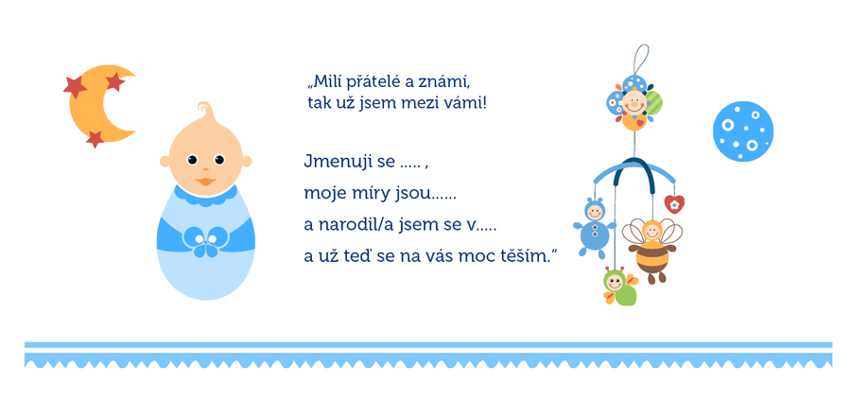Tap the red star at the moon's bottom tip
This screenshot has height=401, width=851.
click(95, 139)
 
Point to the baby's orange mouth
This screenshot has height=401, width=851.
click(205, 181)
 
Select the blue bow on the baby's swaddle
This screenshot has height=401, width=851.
click(205, 241)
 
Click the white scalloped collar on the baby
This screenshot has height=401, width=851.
click(205, 196)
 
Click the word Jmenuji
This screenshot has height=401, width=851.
click(328, 163)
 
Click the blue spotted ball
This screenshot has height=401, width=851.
click(743, 131)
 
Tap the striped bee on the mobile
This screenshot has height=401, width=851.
click(651, 250)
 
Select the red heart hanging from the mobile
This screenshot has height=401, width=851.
click(674, 204)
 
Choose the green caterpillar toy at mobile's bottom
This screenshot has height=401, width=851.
click(618, 288)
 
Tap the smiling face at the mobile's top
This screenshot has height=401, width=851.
click(634, 102)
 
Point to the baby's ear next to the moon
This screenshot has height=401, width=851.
click(165, 161)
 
